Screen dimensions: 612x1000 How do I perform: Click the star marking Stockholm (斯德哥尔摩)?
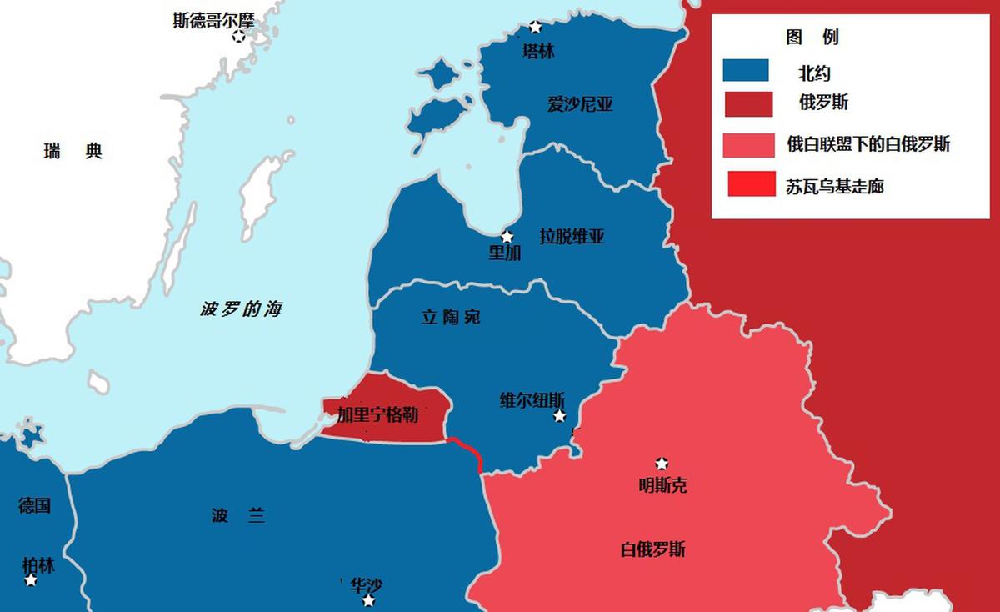[240, 35]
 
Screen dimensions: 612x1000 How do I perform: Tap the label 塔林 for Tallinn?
[537, 52]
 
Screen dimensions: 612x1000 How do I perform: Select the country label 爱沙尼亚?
[580, 104]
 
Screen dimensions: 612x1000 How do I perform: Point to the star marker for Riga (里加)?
[507, 237]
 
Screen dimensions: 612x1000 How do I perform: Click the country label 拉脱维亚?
[572, 237]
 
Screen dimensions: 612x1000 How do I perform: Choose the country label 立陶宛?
[451, 317]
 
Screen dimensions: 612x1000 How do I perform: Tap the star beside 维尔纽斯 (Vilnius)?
[560, 415]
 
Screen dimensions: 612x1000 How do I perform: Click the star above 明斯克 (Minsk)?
[662, 464]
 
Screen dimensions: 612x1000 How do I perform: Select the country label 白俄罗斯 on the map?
[653, 549]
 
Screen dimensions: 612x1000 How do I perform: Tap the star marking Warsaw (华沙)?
[368, 600]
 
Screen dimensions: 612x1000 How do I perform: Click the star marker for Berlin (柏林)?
[31, 579]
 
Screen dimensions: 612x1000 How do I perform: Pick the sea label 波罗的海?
[242, 309]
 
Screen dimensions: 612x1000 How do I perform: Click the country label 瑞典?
[73, 151]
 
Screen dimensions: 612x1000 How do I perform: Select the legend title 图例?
[812, 38]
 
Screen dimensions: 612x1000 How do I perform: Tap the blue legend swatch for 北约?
[746, 70]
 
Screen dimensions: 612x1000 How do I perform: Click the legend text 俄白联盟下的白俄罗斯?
[868, 144]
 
